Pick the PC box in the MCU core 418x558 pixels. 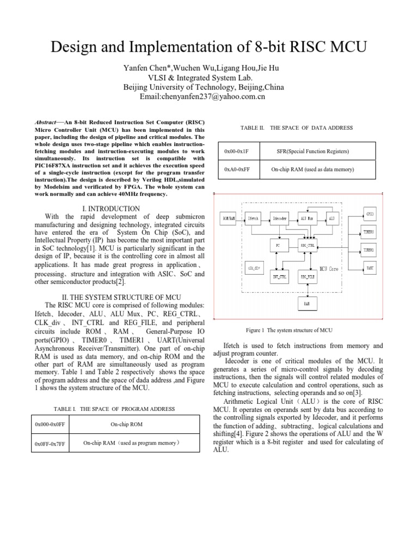[279, 246]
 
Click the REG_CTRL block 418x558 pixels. [307, 246]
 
